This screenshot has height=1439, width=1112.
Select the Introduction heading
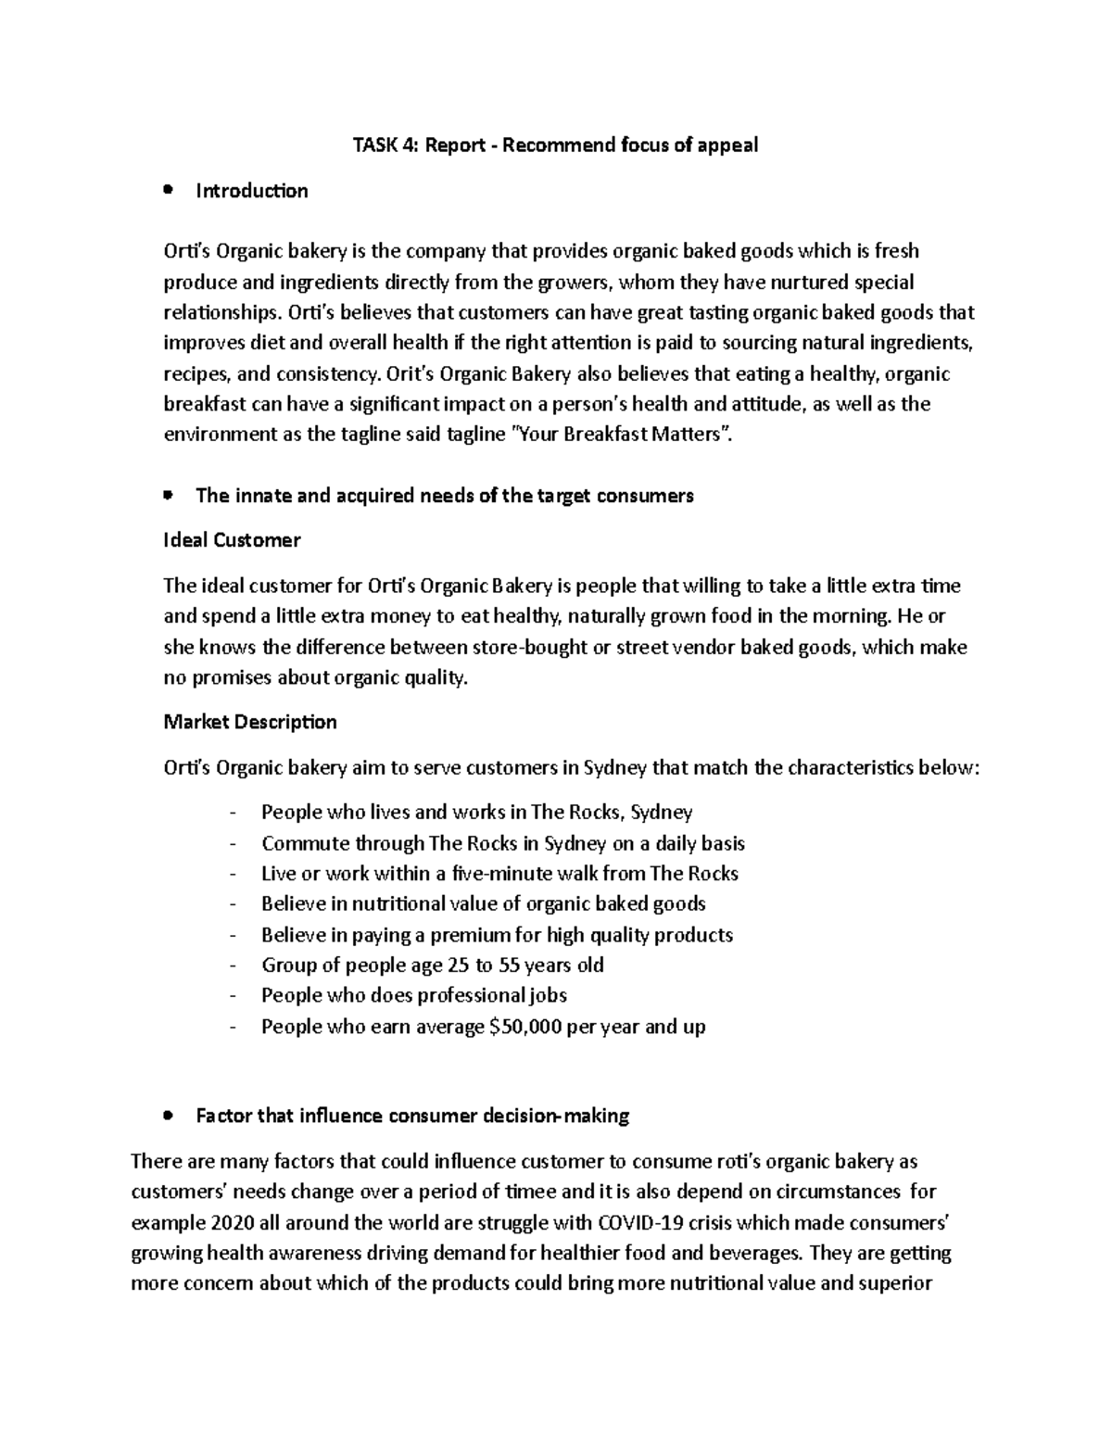click(x=252, y=191)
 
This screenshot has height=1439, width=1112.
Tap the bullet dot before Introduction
click(x=168, y=191)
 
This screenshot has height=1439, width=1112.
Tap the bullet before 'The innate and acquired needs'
click(x=168, y=496)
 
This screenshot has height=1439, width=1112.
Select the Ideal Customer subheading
click(x=232, y=540)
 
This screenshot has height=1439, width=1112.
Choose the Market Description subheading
click(x=250, y=722)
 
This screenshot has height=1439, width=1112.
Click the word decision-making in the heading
click(x=557, y=1117)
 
